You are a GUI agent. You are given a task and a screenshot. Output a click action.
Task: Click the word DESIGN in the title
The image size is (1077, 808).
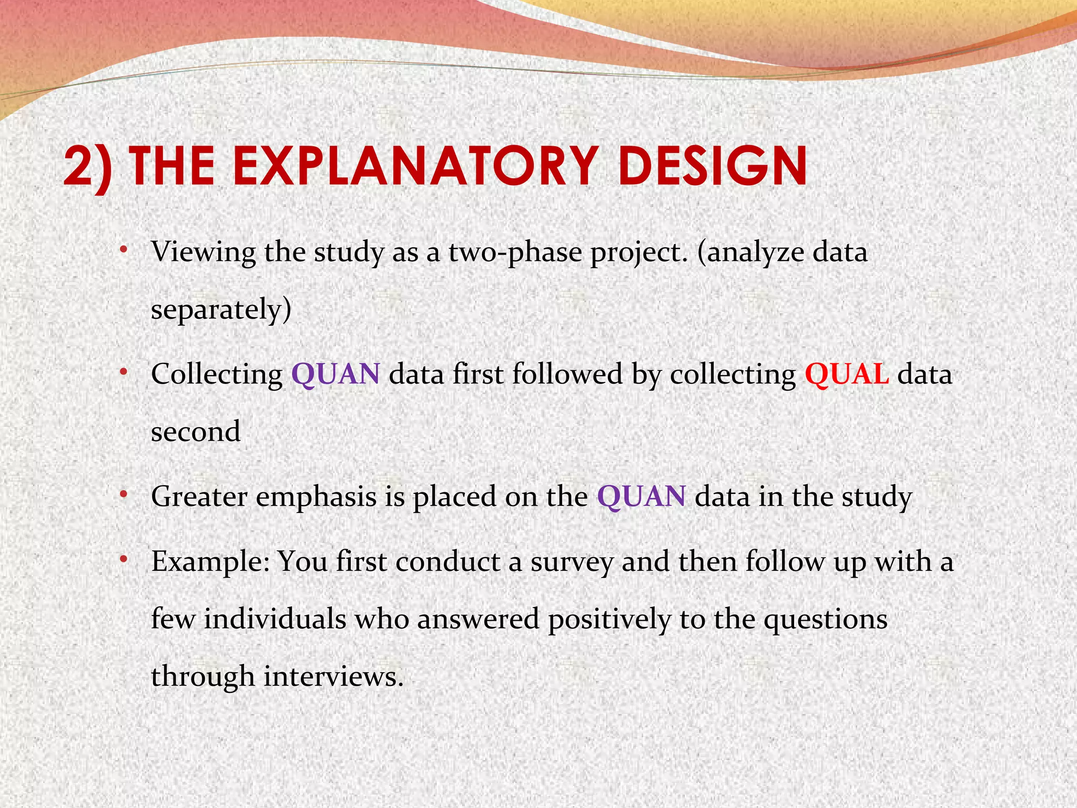tap(713, 166)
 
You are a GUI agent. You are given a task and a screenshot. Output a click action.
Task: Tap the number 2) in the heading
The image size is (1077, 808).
tap(88, 167)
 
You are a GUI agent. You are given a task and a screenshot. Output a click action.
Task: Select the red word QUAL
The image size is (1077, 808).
tap(847, 375)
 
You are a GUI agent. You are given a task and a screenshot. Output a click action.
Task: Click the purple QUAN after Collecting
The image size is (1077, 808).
tap(336, 375)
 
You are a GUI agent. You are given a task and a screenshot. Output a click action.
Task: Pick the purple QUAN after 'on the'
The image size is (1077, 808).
tap(641, 497)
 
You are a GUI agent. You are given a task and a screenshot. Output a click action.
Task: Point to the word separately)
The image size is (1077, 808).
tap(221, 310)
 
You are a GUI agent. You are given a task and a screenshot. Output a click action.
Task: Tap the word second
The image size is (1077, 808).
tap(196, 432)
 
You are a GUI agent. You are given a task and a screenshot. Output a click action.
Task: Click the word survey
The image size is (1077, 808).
tap(571, 562)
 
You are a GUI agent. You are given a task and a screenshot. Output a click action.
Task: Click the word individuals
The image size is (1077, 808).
tap(275, 619)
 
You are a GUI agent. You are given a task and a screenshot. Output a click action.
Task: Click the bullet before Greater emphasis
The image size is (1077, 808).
tap(123, 494)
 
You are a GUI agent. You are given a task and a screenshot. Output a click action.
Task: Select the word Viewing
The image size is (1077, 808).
tap(203, 253)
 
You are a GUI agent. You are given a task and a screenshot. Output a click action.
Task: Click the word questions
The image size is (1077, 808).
tap(825, 620)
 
